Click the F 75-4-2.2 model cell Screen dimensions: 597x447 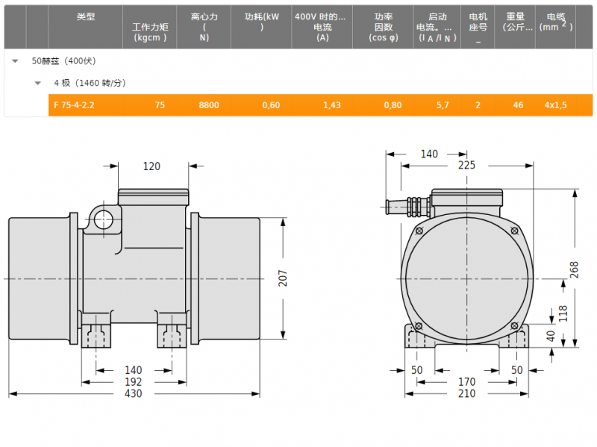click(74, 105)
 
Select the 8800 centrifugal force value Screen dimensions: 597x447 click(209, 105)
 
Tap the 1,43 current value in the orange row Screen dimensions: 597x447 click(331, 105)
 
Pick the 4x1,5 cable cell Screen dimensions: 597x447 click(555, 105)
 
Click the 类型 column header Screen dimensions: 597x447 click(86, 16)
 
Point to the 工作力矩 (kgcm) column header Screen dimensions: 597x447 click(150, 32)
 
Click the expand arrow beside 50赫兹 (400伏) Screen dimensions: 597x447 click(15, 61)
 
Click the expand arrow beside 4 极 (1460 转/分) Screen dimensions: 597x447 click(38, 83)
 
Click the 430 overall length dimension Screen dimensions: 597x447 click(134, 393)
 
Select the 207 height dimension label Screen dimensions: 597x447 click(283, 278)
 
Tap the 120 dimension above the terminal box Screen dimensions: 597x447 click(151, 166)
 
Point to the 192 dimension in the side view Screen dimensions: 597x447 click(134, 382)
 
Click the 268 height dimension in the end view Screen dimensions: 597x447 click(574, 269)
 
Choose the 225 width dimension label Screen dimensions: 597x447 click(467, 165)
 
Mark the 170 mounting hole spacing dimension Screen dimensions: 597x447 click(467, 381)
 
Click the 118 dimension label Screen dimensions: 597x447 click(563, 313)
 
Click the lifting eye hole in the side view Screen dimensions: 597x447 click(103, 219)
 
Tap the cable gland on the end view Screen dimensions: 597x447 click(408, 207)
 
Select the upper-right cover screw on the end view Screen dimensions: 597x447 click(514, 231)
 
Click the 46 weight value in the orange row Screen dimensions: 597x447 click(518, 105)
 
